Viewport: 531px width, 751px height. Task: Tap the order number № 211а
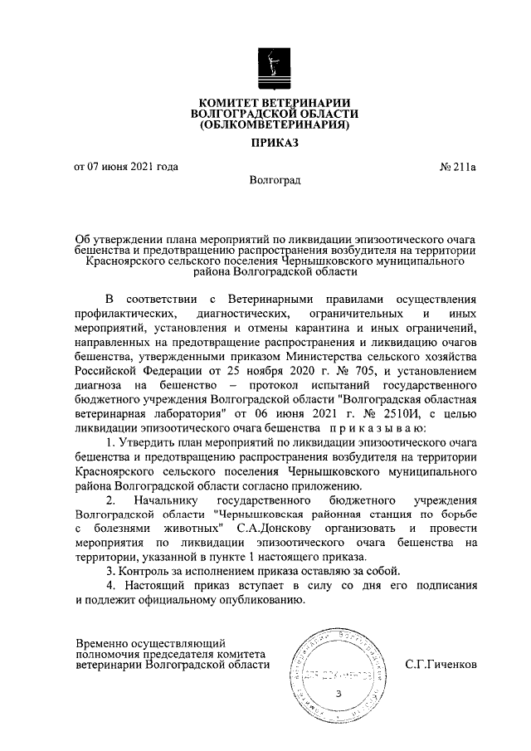click(457, 166)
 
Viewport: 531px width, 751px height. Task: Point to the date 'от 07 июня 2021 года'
click(126, 166)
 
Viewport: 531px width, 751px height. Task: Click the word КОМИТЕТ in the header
click(223, 101)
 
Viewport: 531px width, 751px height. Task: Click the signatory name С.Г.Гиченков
click(441, 664)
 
